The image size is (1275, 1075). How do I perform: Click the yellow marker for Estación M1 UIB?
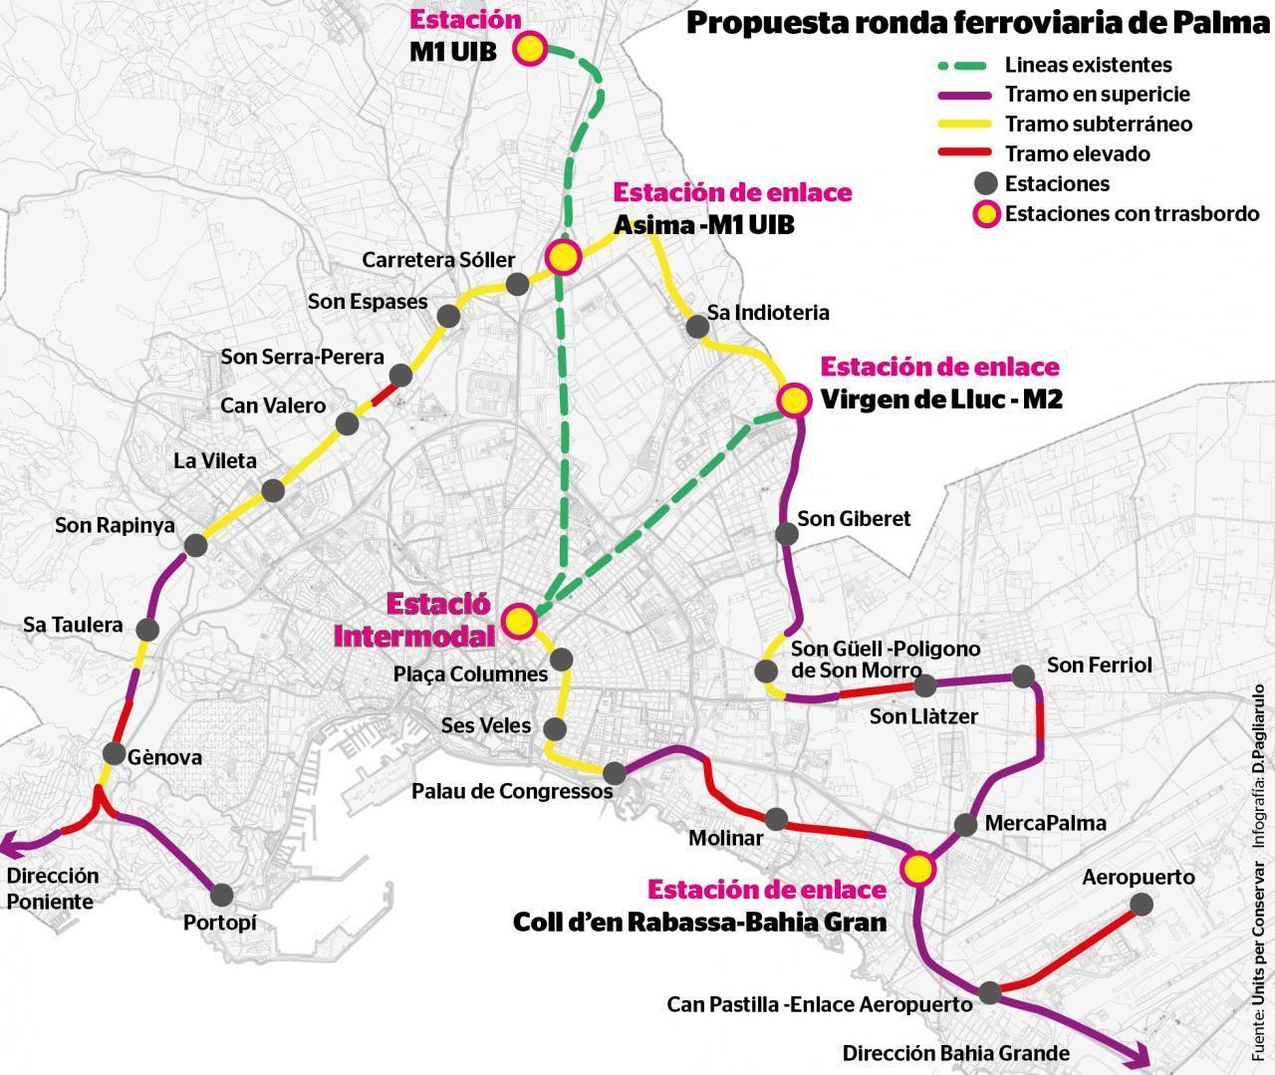click(x=530, y=50)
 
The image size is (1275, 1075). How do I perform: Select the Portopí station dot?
click(x=221, y=895)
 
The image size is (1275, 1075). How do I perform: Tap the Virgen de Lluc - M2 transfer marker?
click(x=794, y=401)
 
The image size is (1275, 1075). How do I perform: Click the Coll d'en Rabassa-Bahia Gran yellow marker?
click(x=917, y=868)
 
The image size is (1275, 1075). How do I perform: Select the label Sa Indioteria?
click(x=767, y=313)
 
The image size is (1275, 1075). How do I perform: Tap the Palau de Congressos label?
click(x=512, y=792)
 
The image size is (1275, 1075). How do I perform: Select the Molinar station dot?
click(x=776, y=819)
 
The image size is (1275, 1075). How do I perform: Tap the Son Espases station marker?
click(x=448, y=316)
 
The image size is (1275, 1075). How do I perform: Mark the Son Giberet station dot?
click(x=786, y=533)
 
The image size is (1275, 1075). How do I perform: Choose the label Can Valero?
click(x=272, y=405)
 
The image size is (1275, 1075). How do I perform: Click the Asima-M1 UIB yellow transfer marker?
click(x=563, y=257)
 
